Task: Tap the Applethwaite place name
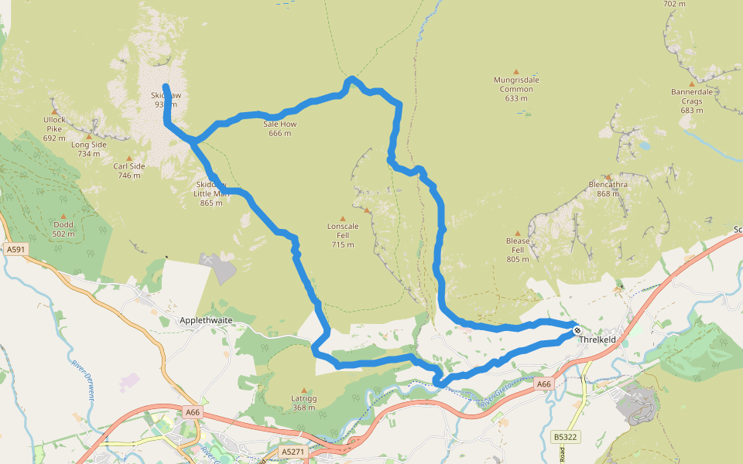point(206,319)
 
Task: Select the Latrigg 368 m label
point(303,402)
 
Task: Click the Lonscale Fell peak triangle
point(343,218)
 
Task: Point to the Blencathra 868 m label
point(608,189)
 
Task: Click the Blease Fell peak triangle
point(518,233)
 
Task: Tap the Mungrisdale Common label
point(516,84)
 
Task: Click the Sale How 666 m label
point(279,128)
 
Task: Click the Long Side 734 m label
point(88,148)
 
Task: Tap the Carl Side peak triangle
point(129,158)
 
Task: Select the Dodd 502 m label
point(63,228)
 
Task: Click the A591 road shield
point(15,250)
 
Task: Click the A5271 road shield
point(293,451)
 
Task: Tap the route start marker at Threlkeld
point(577,330)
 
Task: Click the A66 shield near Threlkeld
point(544,384)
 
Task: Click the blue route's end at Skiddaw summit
point(166,85)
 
